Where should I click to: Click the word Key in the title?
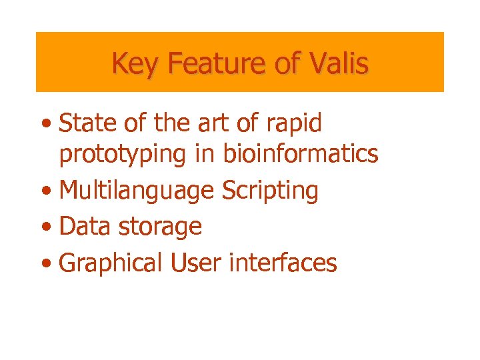[136, 64]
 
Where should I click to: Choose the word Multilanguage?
[137, 191]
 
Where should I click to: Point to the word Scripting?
[270, 191]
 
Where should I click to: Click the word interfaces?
[283, 263]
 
